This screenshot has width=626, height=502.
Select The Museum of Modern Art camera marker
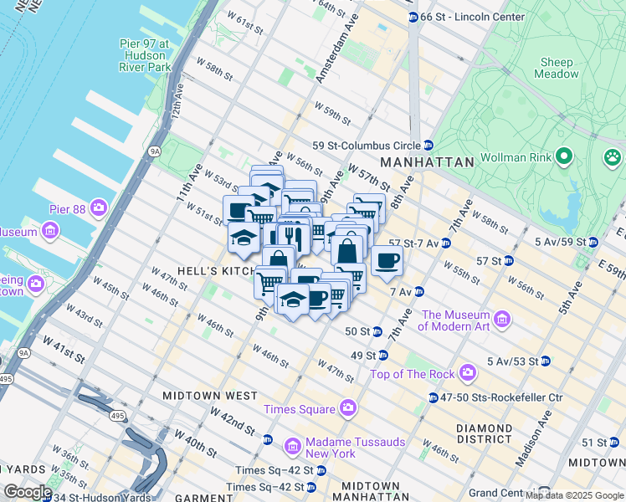pos(502,320)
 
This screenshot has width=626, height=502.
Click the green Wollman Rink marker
pos(564,156)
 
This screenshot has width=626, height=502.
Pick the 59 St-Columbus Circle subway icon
pos(428,145)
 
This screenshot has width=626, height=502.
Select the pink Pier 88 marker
pos(100,207)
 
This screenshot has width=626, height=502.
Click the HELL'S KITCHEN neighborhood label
pos(191,272)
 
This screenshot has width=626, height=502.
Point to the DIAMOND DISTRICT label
pos(484,433)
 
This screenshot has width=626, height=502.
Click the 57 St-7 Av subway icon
pos(446,243)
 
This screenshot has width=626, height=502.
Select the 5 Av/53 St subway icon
pos(546,361)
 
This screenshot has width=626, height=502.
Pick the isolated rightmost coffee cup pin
pos(387,260)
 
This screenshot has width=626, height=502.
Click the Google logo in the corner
pos(27,492)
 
